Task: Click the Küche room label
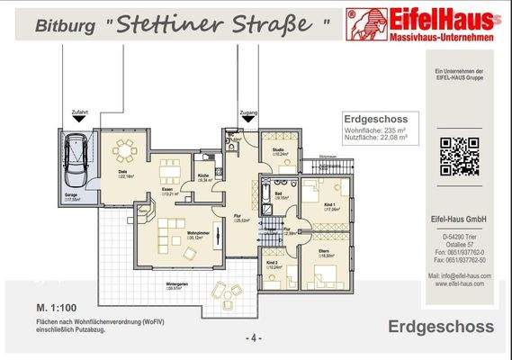204,175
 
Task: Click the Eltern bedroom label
321,253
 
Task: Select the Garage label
71,196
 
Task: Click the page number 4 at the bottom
255,337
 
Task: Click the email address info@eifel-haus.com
458,275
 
